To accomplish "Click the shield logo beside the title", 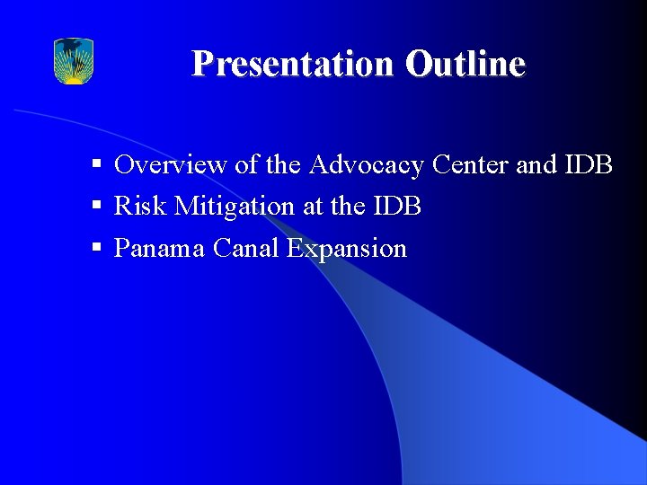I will click(74, 61).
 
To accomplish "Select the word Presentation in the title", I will click(293, 65).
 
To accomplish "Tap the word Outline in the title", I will click(465, 65).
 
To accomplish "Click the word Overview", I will click(171, 165).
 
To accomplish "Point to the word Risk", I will click(141, 207).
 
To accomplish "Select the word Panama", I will click(160, 248).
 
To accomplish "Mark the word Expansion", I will click(347, 249).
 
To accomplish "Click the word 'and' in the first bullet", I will click(536, 165).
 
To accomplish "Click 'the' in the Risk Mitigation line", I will click(348, 207).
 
